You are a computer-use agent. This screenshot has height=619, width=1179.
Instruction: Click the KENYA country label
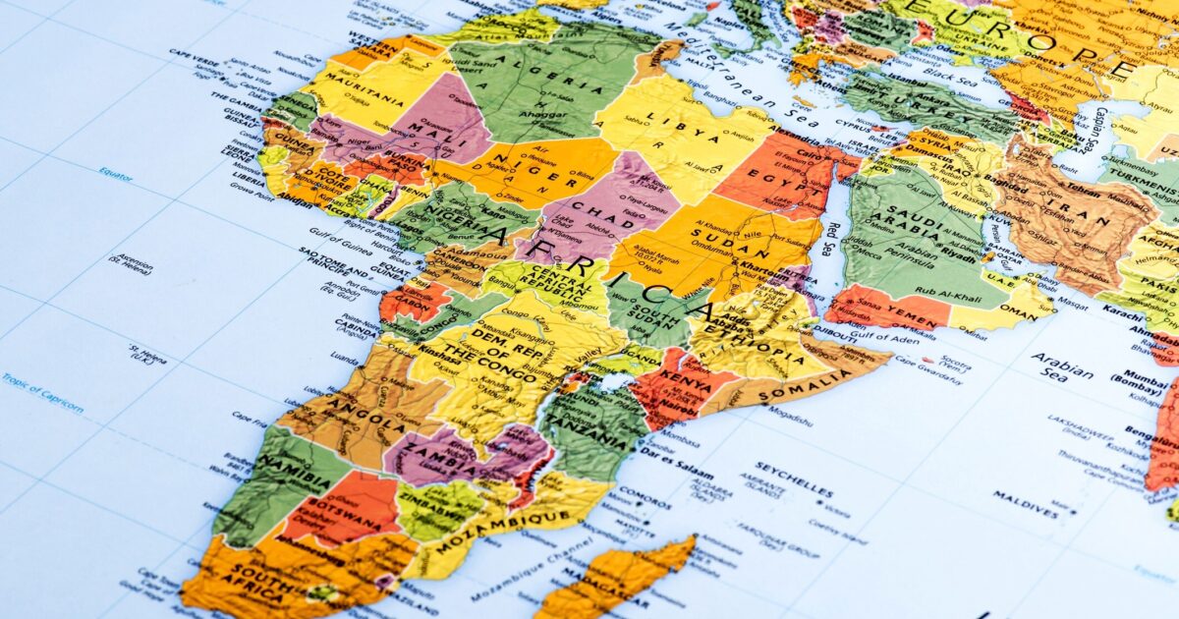click(685, 378)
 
